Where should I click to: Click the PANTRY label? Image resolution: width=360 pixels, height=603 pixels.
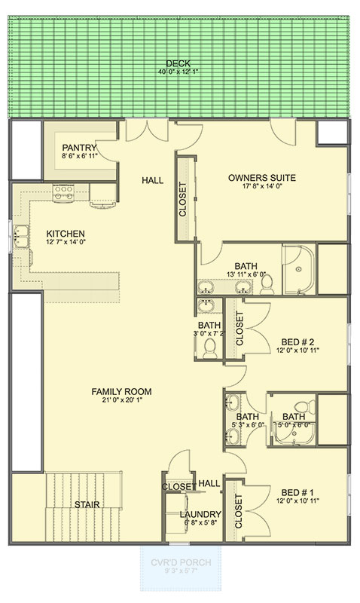pyautogui.click(x=79, y=147)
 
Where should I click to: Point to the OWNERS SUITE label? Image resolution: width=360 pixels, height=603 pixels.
pyautogui.click(x=261, y=178)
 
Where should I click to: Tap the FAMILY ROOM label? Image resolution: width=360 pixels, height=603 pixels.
pyautogui.click(x=121, y=391)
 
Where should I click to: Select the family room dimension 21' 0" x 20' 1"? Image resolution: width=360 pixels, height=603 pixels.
pyautogui.click(x=121, y=402)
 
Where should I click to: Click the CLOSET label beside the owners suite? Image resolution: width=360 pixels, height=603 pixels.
pyautogui.click(x=182, y=199)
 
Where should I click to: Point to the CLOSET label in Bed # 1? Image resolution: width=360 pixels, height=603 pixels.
pyautogui.click(x=239, y=511)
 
